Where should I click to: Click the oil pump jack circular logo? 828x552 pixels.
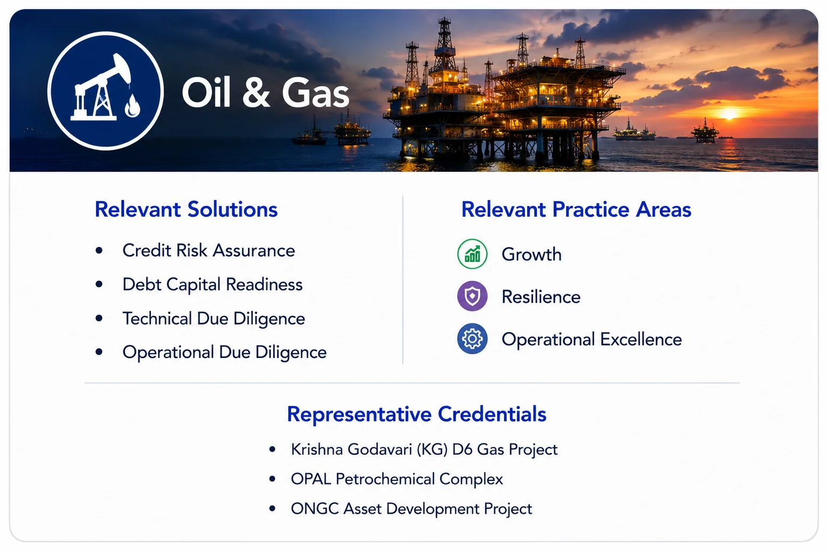pos(106,91)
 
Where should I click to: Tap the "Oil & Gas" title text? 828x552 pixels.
pos(265,92)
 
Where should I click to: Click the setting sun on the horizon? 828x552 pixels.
pos(729,113)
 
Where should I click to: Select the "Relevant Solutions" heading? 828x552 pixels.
pos(186,210)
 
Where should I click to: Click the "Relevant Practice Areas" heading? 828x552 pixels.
pos(576,210)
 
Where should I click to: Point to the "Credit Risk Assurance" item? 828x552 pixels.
pos(209,251)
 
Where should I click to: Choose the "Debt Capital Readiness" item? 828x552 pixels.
pos(212,285)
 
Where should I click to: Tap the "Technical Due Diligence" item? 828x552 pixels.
pos(213,319)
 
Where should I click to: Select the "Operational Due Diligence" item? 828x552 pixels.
pos(224,353)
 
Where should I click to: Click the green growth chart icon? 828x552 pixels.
pos(472,254)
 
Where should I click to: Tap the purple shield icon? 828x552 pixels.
pos(472,296)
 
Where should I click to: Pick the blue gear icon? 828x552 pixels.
pos(472,339)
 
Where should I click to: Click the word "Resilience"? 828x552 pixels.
pos(541,297)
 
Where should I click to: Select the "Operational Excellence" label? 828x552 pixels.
pos(592,340)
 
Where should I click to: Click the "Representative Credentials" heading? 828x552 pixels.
pos(417,414)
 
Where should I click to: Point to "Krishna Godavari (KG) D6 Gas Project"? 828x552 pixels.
pos(424,450)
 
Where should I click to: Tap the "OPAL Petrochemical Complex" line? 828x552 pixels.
pos(397,479)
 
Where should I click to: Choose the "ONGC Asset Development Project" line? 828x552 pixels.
pos(411,509)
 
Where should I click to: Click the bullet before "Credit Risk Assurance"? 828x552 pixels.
pos(99,251)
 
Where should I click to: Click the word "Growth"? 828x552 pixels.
pos(532,254)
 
